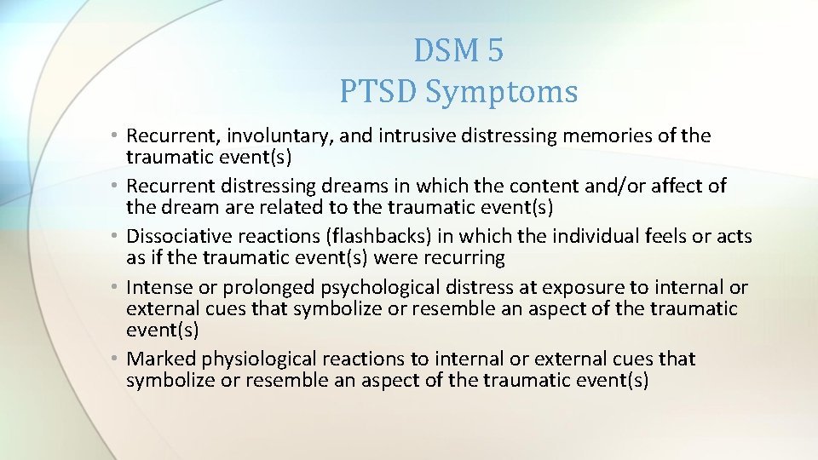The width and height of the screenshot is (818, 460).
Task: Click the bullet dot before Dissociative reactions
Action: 115,236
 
